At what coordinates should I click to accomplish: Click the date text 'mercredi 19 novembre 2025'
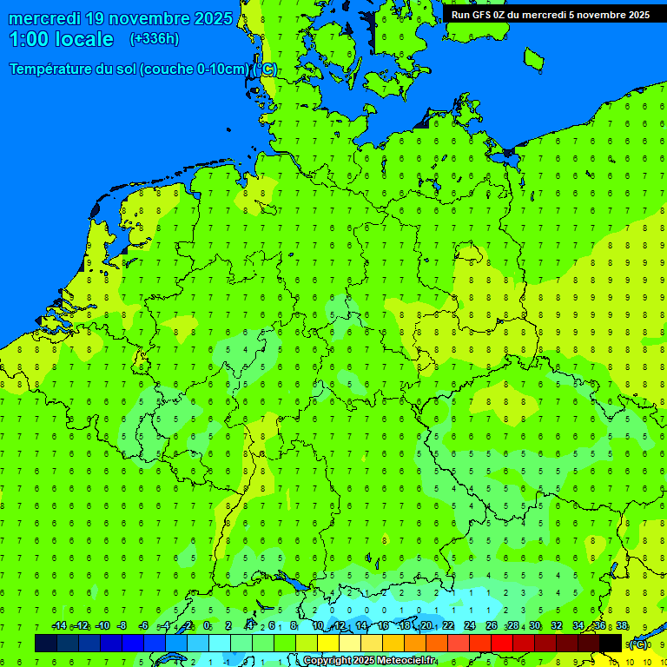click(120, 18)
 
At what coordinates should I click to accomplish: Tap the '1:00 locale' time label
click(61, 39)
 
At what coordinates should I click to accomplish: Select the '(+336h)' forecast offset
click(155, 39)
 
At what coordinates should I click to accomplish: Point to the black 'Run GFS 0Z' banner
click(550, 14)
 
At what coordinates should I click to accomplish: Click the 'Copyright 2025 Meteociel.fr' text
click(369, 661)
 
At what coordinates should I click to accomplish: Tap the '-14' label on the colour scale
click(59, 626)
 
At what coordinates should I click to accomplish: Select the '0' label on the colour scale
click(207, 626)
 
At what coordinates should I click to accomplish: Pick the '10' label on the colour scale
click(318, 626)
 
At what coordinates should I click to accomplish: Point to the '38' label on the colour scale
click(622, 626)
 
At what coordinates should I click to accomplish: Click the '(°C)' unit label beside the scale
click(637, 644)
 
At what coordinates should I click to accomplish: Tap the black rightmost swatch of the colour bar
click(611, 644)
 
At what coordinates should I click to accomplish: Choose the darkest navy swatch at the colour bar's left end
click(46, 644)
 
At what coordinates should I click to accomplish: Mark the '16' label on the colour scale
click(383, 626)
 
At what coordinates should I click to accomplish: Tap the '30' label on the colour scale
click(535, 626)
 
